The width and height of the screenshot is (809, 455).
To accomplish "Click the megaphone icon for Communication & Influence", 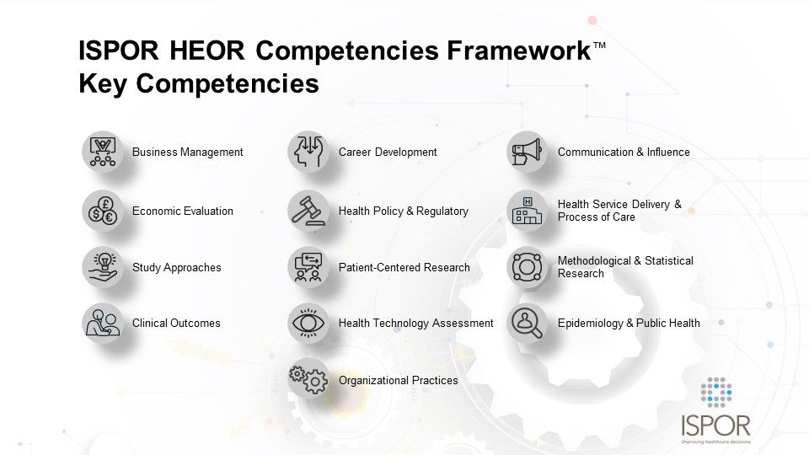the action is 527,152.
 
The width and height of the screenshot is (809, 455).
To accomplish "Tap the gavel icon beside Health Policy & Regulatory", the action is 308,211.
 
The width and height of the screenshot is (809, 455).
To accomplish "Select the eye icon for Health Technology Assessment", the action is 308,323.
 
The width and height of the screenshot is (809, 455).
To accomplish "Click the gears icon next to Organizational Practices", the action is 308,380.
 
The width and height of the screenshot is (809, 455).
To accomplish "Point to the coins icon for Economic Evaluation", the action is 103,211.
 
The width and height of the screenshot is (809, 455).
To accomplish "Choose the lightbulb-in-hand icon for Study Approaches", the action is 103,267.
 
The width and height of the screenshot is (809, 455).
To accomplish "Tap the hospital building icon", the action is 527,211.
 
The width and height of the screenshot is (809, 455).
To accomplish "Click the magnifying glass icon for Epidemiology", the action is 527,323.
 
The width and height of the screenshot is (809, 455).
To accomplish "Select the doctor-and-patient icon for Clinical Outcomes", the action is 103,323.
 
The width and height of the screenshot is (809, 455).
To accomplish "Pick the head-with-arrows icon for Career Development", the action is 308,152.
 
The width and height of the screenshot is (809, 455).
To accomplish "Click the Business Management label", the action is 187,153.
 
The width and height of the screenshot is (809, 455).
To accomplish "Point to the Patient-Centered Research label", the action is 404,267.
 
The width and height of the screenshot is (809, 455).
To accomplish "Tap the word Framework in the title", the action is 518,51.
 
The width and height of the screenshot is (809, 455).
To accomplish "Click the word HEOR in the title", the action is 207,51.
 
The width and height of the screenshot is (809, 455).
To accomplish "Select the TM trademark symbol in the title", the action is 599,45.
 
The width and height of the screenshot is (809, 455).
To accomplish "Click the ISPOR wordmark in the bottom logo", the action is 715,426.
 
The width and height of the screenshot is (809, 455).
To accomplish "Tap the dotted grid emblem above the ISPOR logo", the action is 716,392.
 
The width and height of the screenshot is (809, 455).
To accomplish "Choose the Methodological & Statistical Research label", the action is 625,267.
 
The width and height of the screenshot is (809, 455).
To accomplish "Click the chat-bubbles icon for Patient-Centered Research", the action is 308,267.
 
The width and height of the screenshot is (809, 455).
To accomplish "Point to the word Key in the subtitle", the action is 102,84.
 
